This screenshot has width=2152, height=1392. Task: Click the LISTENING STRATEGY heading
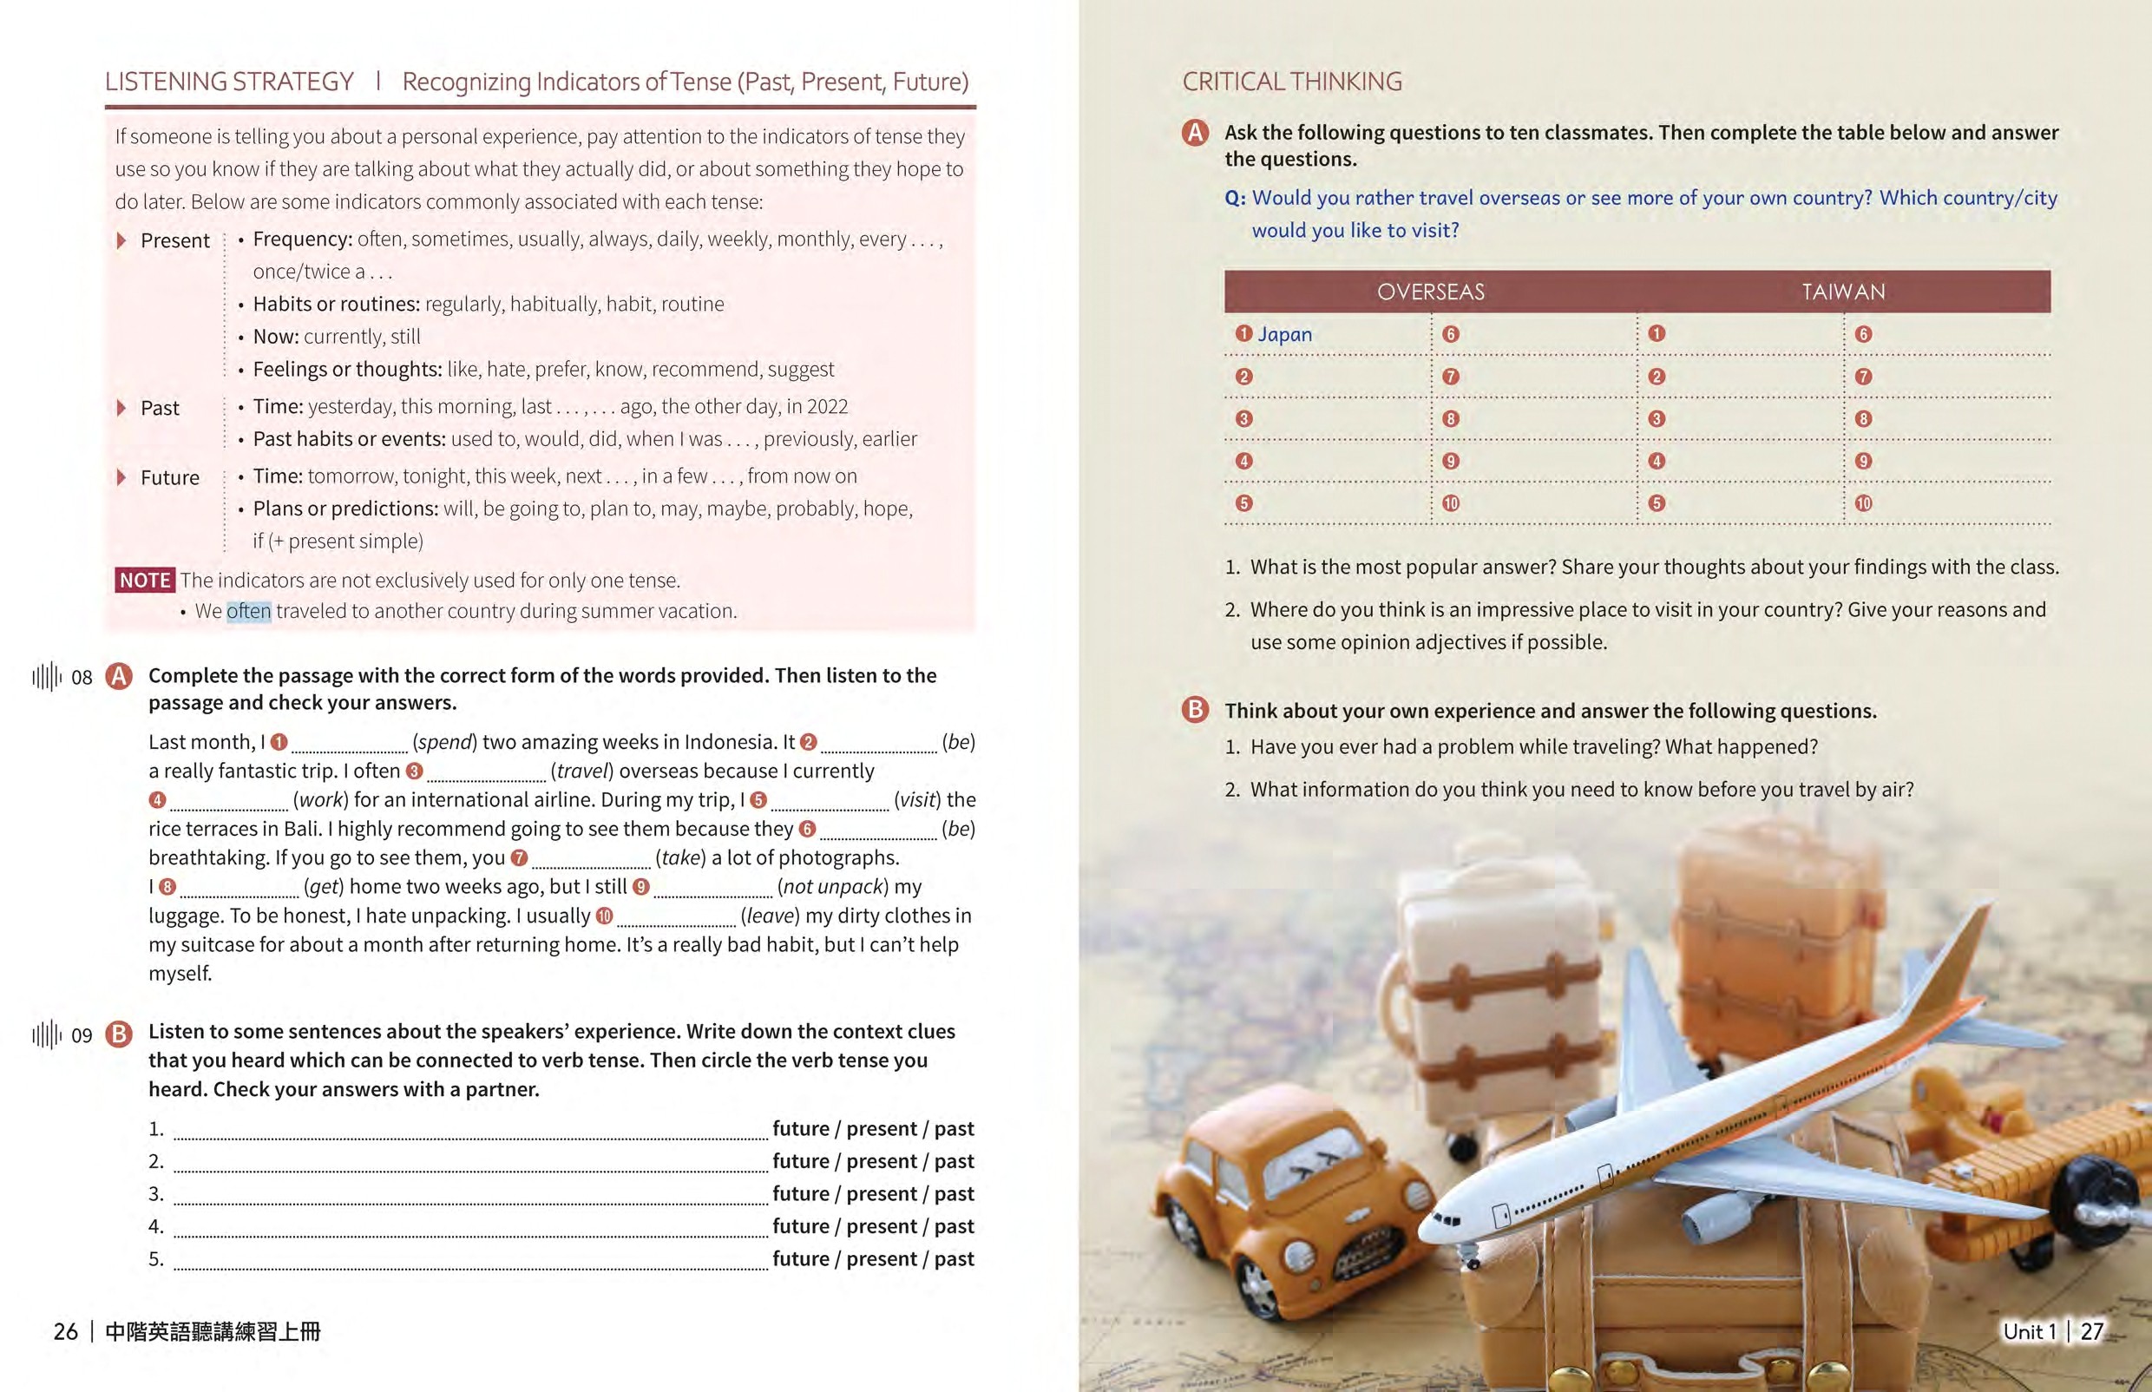[x=229, y=82]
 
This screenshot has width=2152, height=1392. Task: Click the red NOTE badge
[x=145, y=581]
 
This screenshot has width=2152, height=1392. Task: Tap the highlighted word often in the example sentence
[x=248, y=612]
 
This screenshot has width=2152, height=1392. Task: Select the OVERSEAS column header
[x=1430, y=292]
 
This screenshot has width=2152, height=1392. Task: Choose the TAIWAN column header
[x=1843, y=292]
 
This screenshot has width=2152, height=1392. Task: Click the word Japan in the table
[x=1284, y=334]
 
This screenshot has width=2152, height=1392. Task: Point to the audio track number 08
[x=82, y=678]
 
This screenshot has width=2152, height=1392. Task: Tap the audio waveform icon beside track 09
[x=47, y=1035]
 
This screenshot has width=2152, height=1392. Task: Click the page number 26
[x=66, y=1331]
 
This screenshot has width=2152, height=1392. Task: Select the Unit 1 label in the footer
[x=2029, y=1331]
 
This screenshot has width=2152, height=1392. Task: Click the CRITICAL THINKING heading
[x=1291, y=82]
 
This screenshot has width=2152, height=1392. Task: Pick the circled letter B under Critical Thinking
[x=1195, y=710]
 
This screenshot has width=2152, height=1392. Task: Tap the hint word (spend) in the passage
[x=443, y=742]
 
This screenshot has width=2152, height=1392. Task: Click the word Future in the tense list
[x=170, y=478]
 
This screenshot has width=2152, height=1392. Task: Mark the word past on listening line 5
[x=954, y=1259]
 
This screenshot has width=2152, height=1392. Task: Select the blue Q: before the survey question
[x=1235, y=198]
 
